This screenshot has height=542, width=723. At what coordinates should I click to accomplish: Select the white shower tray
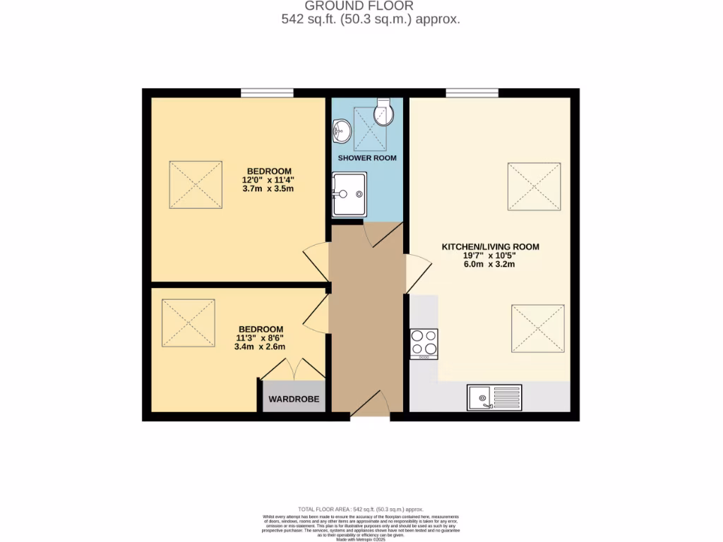[x=349, y=194]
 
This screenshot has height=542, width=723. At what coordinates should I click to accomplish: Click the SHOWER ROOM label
[x=366, y=158]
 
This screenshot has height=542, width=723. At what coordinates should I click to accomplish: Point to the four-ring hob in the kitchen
[x=424, y=344]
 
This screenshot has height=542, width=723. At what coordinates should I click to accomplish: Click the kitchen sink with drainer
[x=494, y=397]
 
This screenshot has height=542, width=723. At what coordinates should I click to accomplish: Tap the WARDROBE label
[x=294, y=399]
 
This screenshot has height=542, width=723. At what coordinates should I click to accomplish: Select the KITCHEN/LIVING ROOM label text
[x=490, y=247]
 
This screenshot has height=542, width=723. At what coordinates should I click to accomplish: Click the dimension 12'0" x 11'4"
[x=269, y=179]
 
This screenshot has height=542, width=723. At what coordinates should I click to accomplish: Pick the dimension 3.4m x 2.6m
[x=261, y=347]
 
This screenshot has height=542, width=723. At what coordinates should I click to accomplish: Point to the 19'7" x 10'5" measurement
[x=490, y=255]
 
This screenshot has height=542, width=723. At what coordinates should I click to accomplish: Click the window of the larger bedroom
[x=267, y=92]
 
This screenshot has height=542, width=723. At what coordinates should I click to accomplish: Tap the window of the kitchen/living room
[x=472, y=92]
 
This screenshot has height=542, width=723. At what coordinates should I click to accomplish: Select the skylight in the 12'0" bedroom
[x=196, y=184]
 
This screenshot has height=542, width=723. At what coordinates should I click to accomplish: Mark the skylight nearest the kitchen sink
[x=538, y=328]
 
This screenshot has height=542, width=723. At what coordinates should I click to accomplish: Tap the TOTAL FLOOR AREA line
[x=361, y=509]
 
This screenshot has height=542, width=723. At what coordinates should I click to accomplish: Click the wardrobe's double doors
[x=293, y=369]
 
